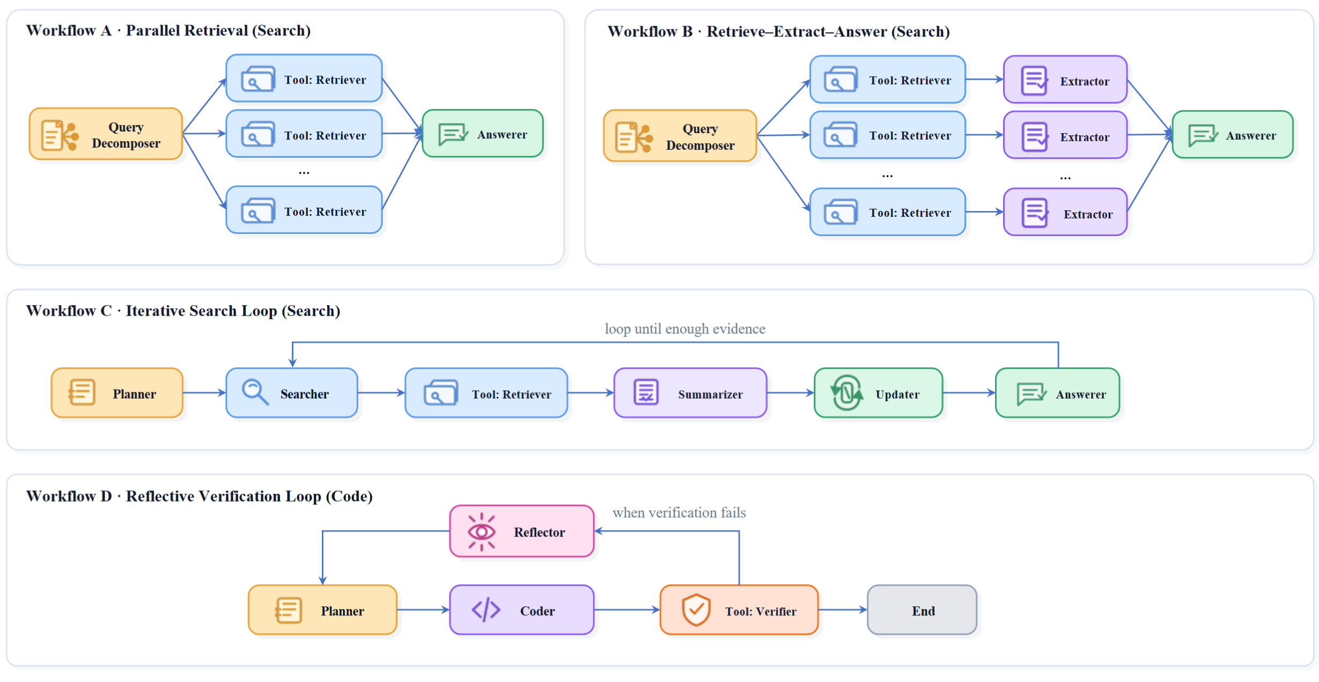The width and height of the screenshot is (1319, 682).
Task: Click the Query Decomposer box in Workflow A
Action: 106,134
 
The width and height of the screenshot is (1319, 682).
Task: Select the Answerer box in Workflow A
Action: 483,134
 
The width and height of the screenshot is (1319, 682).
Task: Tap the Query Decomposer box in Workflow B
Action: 680,136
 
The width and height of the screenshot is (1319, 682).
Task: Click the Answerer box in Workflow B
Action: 1233,135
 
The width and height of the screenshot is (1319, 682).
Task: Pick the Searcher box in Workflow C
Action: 292,393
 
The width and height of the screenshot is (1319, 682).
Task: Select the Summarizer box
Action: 690,393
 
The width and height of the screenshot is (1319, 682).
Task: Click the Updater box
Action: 878,393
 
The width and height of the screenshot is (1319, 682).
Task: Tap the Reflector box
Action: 522,531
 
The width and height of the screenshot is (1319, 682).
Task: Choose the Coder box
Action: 522,610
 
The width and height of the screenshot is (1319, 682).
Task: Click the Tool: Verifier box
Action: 739,610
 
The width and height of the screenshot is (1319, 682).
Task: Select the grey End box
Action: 922,610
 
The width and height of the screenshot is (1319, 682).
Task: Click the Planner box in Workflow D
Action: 322,610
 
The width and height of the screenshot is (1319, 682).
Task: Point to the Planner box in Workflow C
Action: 117,393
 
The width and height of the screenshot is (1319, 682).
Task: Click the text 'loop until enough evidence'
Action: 685,329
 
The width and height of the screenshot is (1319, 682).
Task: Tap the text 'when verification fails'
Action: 679,513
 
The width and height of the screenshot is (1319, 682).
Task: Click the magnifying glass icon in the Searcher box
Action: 255,392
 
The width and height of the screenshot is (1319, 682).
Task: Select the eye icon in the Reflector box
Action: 481,532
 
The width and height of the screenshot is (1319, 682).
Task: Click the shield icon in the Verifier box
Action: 696,610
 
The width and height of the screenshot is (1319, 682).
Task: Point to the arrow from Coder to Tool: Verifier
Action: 627,610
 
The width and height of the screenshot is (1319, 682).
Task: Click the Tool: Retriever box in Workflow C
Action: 486,393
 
